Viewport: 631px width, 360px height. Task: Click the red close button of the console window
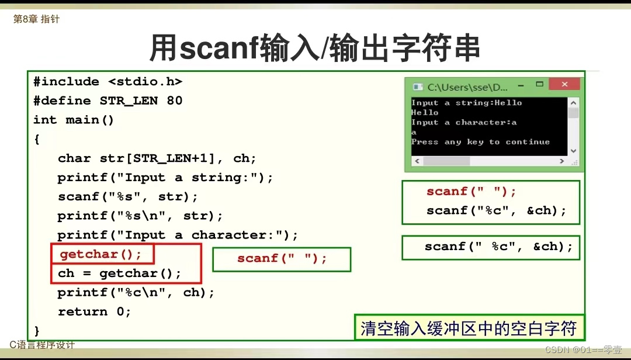click(564, 84)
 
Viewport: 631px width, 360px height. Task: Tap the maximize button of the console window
click(540, 84)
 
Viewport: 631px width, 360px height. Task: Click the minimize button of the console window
click(521, 85)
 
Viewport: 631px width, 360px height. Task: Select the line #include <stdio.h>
click(108, 82)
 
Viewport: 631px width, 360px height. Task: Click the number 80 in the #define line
click(174, 101)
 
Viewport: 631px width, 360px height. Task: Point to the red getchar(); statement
click(100, 254)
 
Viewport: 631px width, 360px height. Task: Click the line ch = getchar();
click(120, 274)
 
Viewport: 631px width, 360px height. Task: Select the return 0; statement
click(95, 311)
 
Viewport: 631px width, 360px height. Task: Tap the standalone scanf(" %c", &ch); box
click(491, 248)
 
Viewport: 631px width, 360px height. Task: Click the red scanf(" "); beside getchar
click(282, 258)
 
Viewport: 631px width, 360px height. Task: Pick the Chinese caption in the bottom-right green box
click(469, 328)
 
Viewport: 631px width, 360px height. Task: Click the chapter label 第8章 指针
click(36, 19)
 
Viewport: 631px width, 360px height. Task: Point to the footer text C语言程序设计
click(42, 345)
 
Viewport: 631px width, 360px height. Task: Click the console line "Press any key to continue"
click(480, 142)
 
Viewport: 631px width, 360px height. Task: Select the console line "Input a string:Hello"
click(466, 103)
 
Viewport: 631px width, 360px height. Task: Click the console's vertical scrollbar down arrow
click(574, 151)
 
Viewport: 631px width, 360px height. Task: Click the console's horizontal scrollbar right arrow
click(562, 161)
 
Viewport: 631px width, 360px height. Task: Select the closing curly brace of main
click(37, 331)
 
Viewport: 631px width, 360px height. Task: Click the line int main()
click(74, 120)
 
